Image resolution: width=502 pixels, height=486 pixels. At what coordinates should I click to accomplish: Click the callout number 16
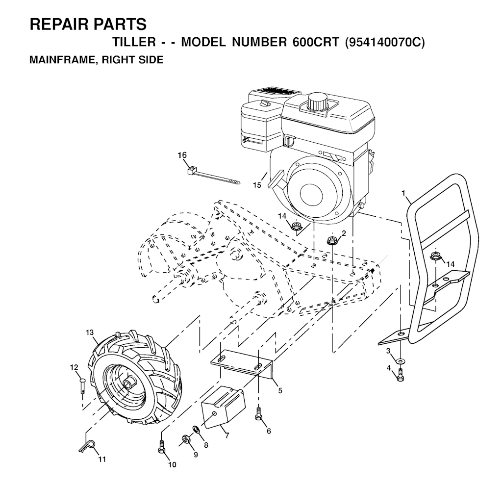pyautogui.click(x=182, y=155)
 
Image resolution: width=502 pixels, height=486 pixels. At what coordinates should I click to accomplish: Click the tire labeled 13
pyautogui.click(x=134, y=378)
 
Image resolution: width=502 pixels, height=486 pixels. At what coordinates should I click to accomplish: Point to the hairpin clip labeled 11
pyautogui.click(x=87, y=445)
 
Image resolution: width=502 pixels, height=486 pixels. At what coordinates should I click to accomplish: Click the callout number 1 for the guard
pyautogui.click(x=403, y=193)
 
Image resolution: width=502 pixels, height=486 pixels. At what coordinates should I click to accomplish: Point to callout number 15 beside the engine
pyautogui.click(x=257, y=185)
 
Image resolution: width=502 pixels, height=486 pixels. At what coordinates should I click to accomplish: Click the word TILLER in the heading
pyautogui.click(x=134, y=42)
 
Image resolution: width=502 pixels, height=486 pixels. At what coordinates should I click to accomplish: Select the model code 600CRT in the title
pyautogui.click(x=315, y=42)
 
